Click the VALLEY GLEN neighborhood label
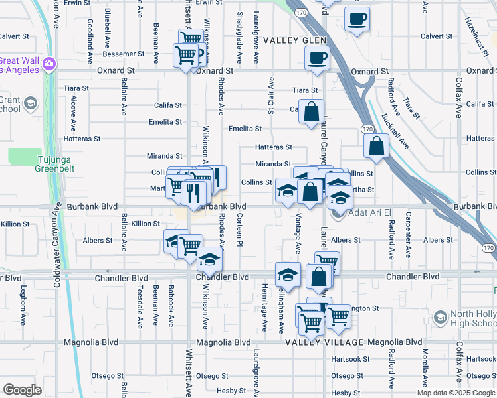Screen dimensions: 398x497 click(x=295, y=40)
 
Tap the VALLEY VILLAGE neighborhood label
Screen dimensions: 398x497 click(x=325, y=342)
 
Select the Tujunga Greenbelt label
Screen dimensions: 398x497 click(x=35, y=164)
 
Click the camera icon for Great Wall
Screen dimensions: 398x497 click(x=49, y=64)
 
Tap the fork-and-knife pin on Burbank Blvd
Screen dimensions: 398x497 click(x=194, y=193)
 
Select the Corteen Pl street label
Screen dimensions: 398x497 click(x=239, y=233)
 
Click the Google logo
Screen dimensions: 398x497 click(x=22, y=390)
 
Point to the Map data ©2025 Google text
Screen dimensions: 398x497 click(x=455, y=393)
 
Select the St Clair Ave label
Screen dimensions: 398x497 click(x=271, y=94)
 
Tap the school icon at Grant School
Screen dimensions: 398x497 click(x=30, y=103)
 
